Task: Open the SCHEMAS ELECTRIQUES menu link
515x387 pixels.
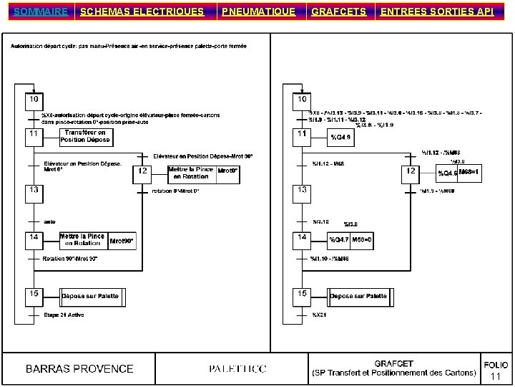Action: tap(142, 11)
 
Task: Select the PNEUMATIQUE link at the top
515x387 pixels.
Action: tap(257, 11)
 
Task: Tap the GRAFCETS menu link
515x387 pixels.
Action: tap(339, 11)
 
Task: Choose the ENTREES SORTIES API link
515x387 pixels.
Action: tap(437, 11)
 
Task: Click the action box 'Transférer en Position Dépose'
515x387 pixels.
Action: tap(85, 136)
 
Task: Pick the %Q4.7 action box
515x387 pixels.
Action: tap(339, 239)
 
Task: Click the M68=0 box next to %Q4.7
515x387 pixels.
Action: tap(361, 239)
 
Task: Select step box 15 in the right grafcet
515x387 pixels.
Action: tap(303, 294)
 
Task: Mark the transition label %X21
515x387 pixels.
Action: tap(319, 315)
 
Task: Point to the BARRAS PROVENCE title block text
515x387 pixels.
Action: tap(79, 369)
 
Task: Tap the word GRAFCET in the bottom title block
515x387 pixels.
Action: tap(393, 363)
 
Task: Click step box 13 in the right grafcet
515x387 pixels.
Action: tap(303, 189)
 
